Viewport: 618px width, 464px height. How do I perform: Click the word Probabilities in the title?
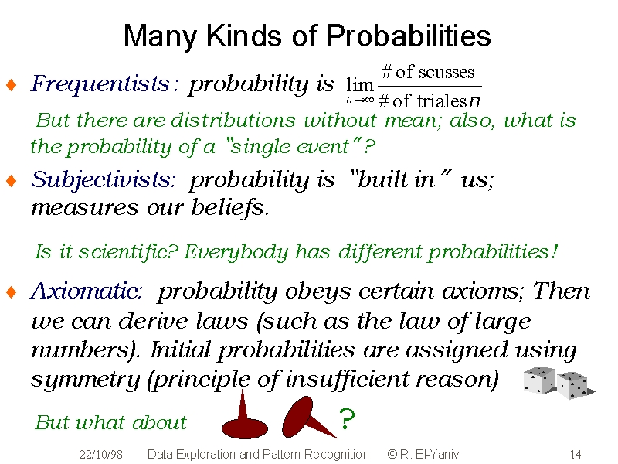[x=408, y=36]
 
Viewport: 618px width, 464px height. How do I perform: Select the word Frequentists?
[x=100, y=84]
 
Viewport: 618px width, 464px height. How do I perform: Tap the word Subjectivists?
[x=103, y=180]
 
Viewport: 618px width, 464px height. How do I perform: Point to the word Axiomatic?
[x=86, y=292]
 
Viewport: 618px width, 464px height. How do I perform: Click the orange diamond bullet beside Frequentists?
[x=12, y=84]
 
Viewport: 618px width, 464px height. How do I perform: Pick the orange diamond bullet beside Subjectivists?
[x=12, y=181]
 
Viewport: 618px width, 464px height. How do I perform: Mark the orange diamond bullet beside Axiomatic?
[x=12, y=292]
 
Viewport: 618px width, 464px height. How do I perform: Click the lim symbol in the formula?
[x=359, y=84]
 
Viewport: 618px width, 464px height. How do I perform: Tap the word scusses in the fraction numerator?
[x=447, y=72]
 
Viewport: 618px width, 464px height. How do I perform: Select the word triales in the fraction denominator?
[x=442, y=101]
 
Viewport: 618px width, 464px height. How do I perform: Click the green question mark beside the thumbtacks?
[x=347, y=418]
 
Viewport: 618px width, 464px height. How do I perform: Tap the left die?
[x=538, y=380]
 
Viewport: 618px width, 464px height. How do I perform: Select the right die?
[x=573, y=385]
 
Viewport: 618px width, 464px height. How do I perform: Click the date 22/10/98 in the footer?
[x=101, y=454]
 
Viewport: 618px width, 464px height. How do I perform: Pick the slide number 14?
[x=576, y=454]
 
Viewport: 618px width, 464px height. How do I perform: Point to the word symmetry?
[x=85, y=380]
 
